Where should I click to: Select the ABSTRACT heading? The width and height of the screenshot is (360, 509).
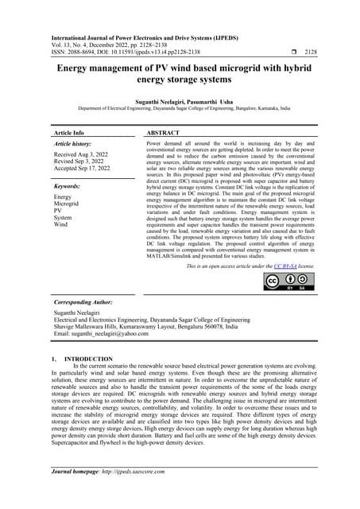(x=165, y=132)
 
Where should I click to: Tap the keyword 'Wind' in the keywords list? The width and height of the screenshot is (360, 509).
(x=61, y=224)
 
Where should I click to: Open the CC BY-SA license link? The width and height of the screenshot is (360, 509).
(x=285, y=266)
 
